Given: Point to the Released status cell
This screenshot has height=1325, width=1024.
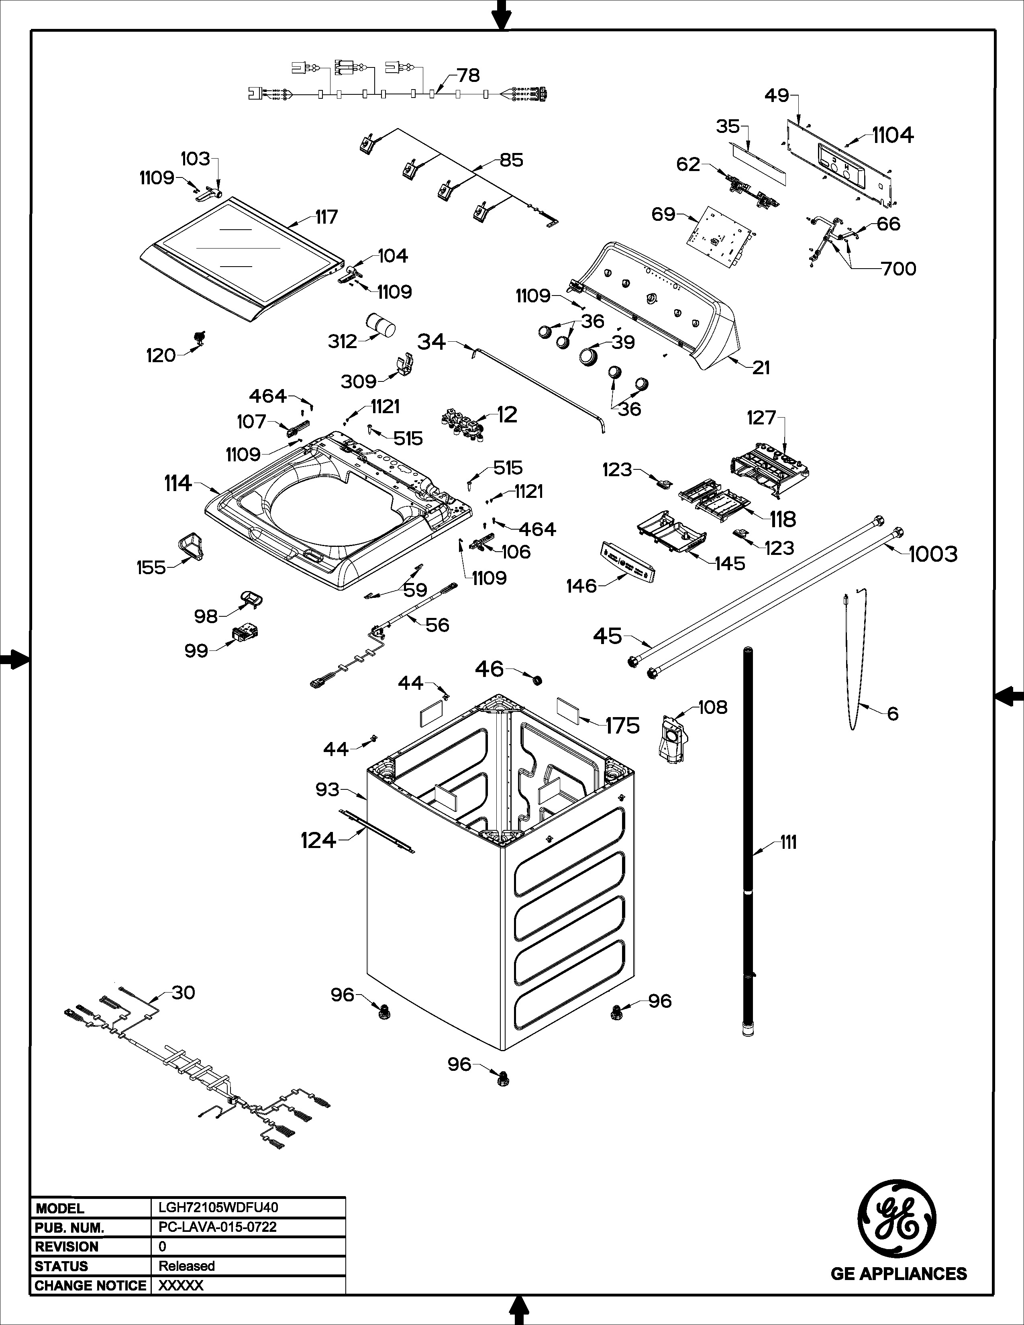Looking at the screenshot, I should [x=187, y=1266].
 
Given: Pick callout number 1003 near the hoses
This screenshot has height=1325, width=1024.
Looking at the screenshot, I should [x=932, y=554].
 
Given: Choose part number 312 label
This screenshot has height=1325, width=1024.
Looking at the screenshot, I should [x=342, y=342].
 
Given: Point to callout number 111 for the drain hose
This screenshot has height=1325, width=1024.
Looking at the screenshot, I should [x=788, y=843].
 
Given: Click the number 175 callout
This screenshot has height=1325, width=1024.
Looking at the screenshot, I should [x=622, y=726].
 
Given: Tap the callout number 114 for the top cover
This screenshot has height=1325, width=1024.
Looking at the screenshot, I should [x=178, y=483].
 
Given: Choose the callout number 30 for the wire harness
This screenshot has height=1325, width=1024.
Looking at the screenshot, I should [x=183, y=993].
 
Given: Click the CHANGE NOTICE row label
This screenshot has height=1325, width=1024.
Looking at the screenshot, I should [x=90, y=1286].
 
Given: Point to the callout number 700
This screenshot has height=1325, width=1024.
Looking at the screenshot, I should [x=898, y=268].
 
